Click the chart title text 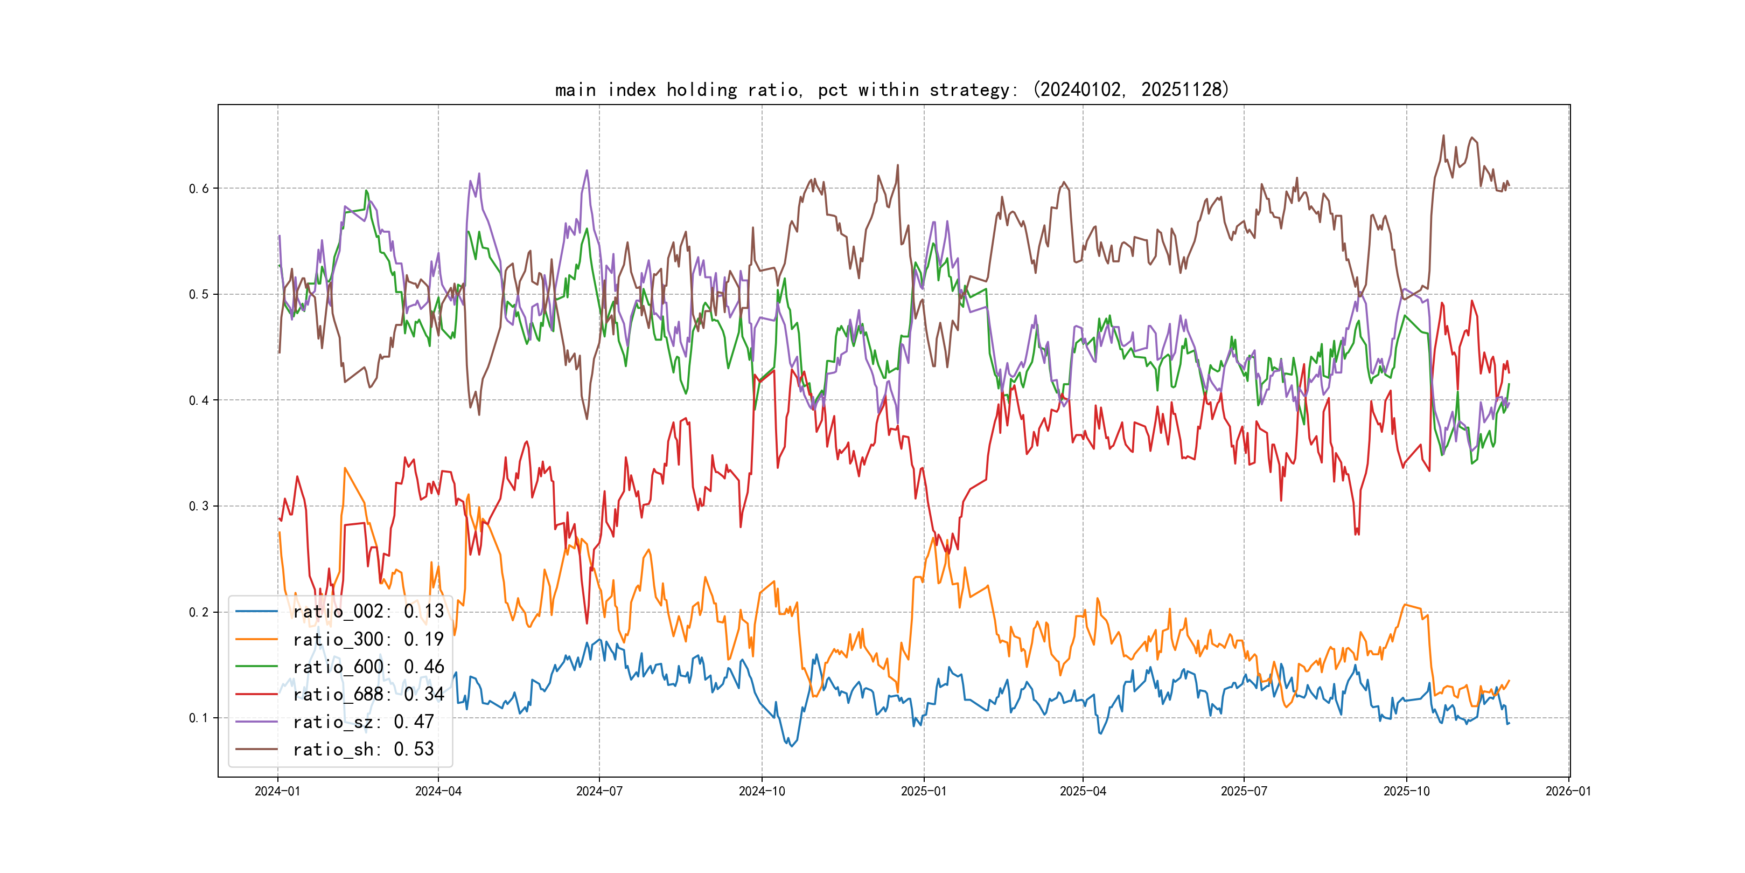click(x=891, y=89)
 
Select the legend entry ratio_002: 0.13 click(x=368, y=612)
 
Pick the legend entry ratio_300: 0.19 click(x=368, y=639)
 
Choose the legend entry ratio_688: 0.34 click(x=368, y=694)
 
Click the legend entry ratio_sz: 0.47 click(x=363, y=722)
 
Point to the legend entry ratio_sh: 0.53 click(x=363, y=749)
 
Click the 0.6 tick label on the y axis click(x=199, y=189)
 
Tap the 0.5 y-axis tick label click(x=199, y=294)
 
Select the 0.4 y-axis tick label click(x=199, y=400)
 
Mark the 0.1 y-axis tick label click(x=199, y=718)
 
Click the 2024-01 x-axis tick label click(x=277, y=791)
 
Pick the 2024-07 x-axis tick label click(x=599, y=791)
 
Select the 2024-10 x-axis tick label click(x=762, y=791)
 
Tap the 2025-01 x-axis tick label click(x=923, y=791)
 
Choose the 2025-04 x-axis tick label click(x=1083, y=791)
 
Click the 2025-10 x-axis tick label click(x=1406, y=791)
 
